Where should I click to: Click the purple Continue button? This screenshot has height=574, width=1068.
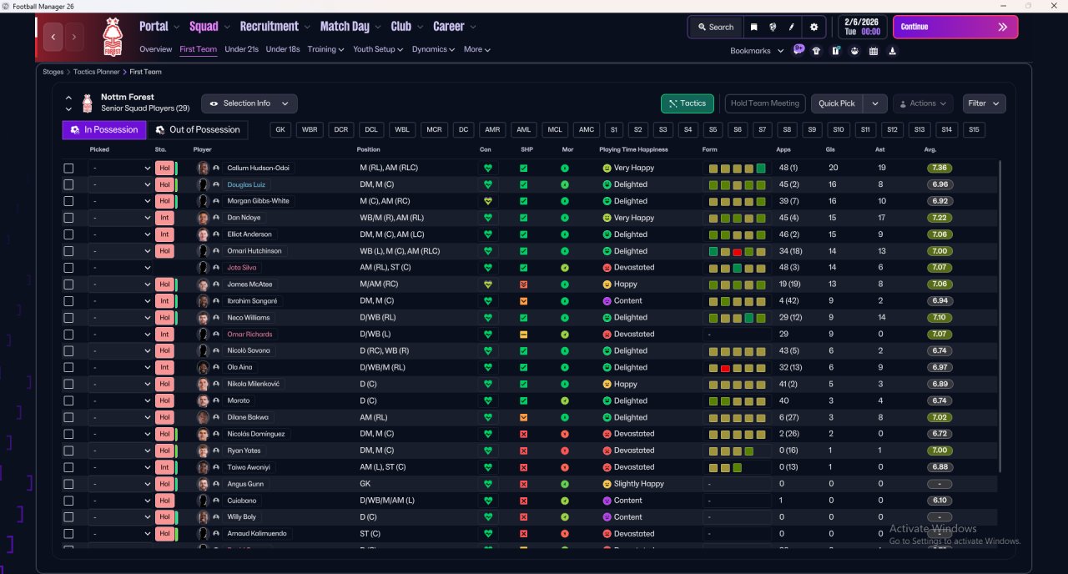(x=955, y=27)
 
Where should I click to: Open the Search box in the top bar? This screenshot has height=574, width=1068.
(x=716, y=28)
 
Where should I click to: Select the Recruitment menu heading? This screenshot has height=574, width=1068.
(x=269, y=26)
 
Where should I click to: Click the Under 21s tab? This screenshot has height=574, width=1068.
(x=241, y=49)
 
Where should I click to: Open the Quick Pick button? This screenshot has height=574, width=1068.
(x=837, y=103)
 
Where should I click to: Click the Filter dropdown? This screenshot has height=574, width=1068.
(x=984, y=103)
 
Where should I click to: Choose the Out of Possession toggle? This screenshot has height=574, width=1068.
(x=198, y=129)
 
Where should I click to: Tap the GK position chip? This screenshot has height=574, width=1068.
(x=280, y=129)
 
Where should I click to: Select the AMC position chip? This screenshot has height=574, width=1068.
(x=586, y=129)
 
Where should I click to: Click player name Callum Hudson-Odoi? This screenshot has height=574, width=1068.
(x=258, y=168)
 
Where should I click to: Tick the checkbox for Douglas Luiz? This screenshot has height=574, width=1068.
(x=68, y=184)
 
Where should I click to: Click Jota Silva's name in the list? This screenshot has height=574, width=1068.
(x=241, y=268)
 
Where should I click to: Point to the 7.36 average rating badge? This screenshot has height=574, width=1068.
(x=940, y=168)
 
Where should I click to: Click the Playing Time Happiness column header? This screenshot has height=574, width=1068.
(x=633, y=149)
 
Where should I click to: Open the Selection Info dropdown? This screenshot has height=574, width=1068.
(x=249, y=103)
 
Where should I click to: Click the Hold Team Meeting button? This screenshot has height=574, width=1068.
(x=765, y=103)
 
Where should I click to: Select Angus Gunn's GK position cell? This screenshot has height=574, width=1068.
(x=365, y=484)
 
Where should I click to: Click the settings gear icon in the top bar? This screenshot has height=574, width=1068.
(x=814, y=28)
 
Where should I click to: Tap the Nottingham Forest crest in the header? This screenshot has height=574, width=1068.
(x=113, y=37)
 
